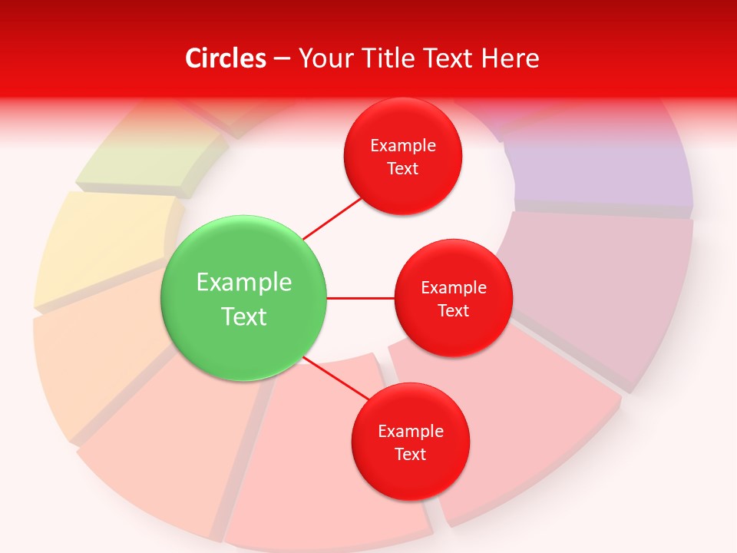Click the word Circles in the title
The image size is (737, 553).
point(226,58)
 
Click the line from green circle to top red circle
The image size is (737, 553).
point(332,218)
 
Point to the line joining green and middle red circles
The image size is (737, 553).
point(361,298)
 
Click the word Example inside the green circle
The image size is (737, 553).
point(244,283)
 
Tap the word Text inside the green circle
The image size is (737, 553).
point(244,316)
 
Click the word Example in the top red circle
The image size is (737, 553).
point(403,146)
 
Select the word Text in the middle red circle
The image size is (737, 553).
point(453,311)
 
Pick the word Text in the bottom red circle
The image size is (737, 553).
point(410,455)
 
